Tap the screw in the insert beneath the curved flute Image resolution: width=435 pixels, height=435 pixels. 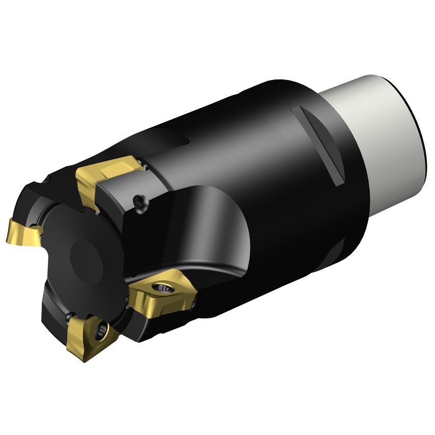click(167, 288)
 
